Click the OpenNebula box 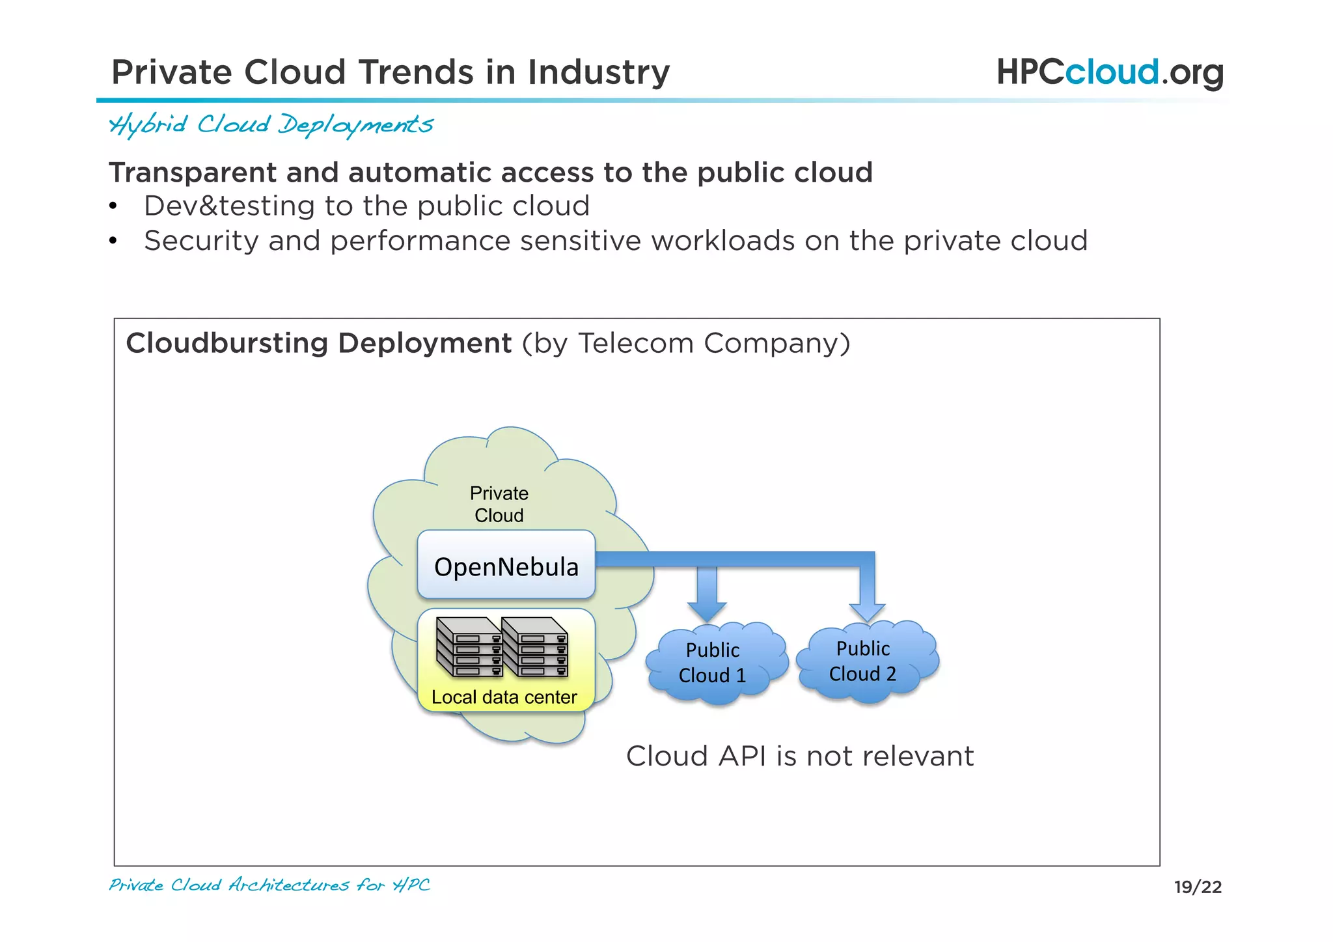point(506,565)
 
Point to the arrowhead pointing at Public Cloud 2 point(867,611)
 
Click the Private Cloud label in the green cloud point(499,504)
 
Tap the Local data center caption point(504,697)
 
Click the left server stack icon point(469,647)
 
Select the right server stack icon point(535,647)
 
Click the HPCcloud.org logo point(1109,72)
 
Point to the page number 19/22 point(1198,887)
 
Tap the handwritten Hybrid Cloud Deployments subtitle point(271,124)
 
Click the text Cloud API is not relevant point(799,756)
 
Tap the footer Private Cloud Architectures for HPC point(269,885)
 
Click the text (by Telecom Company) point(686,343)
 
